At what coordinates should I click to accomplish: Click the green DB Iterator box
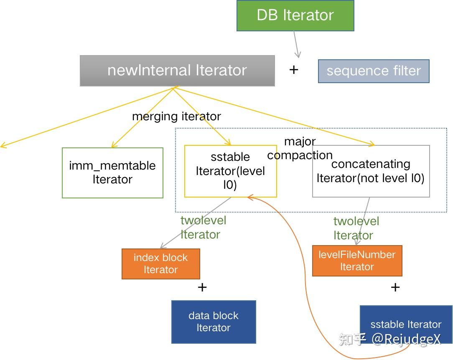point(295,15)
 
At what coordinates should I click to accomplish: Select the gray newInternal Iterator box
point(177,71)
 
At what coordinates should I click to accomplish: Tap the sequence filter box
point(373,71)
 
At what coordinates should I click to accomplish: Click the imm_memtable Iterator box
point(112,172)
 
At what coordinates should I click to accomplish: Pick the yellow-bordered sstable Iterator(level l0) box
point(230,171)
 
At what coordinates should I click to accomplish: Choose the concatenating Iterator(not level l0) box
point(371,171)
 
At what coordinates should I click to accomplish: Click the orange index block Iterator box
point(160,264)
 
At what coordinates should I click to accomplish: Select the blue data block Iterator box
point(213,322)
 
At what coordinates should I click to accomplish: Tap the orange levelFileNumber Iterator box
point(357,261)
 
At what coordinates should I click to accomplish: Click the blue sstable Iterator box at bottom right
point(405,325)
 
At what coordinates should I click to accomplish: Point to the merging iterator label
point(176,116)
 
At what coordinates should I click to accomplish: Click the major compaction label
point(300,148)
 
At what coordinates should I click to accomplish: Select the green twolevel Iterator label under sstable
point(203,227)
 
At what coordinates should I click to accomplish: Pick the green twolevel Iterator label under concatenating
point(356,228)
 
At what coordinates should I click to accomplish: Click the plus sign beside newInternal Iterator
point(294,70)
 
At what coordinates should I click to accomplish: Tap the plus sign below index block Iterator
point(202,287)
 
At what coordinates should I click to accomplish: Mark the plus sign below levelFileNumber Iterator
point(395,287)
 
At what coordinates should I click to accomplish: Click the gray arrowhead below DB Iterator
point(298,55)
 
